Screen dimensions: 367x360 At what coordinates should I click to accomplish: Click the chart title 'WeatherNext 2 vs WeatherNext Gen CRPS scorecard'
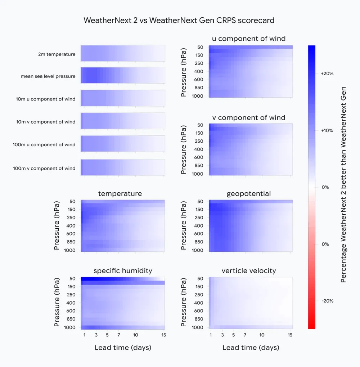[179, 20]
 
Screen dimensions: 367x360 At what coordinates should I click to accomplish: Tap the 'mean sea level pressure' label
[48, 76]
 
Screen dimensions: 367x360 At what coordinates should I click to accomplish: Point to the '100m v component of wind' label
[44, 168]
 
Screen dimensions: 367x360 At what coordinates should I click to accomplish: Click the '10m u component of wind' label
[46, 99]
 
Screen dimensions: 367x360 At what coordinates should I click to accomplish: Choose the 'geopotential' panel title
[248, 194]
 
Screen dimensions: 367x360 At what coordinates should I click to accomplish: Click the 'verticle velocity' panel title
[249, 271]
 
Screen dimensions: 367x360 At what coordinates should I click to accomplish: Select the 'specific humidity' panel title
[123, 271]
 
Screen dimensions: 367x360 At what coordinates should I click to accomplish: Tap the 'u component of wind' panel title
[248, 39]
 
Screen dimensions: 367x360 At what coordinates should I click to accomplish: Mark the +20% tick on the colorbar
[327, 73]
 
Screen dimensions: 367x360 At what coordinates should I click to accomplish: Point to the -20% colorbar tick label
[327, 301]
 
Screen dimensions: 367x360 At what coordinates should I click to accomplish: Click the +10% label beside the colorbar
[327, 130]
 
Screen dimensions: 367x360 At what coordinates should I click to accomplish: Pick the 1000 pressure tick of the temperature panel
[71, 250]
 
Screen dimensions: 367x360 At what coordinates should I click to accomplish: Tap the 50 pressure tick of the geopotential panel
[201, 202]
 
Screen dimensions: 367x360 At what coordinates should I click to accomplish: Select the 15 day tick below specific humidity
[164, 335]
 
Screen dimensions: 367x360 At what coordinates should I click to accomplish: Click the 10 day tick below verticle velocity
[262, 335]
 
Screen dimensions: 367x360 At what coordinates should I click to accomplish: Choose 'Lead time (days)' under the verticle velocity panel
[251, 348]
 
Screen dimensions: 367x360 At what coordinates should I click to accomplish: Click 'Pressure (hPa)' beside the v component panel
[184, 149]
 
